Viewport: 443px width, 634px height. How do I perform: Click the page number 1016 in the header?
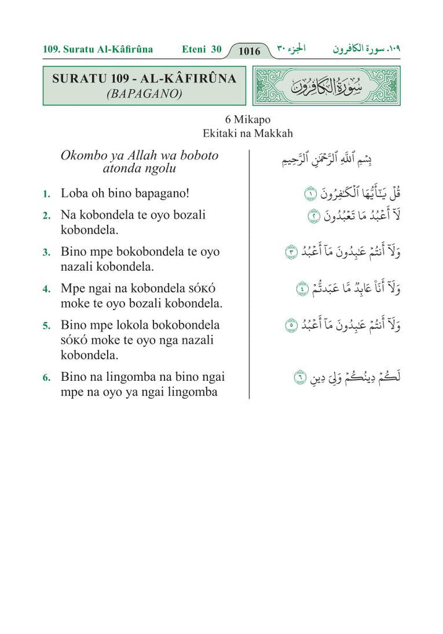249,51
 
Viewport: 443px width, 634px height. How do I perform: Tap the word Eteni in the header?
195,49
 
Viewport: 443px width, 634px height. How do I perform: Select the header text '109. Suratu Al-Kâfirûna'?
98,49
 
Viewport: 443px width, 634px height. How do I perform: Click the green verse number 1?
46,194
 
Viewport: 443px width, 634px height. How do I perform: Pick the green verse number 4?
46,290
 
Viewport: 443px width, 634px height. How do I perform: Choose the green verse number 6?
46,378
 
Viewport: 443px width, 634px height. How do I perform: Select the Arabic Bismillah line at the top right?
337,160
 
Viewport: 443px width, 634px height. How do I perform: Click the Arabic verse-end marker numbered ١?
309,194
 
